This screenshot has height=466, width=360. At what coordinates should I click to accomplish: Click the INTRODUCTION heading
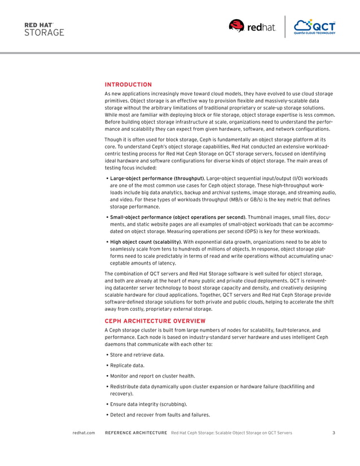click(128, 85)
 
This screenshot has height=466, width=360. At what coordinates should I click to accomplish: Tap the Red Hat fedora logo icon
click(236, 26)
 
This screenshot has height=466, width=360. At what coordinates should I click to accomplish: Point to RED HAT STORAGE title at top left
click(44, 29)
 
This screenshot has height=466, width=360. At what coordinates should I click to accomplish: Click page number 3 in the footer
click(334, 433)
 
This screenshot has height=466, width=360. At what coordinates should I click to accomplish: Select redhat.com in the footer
click(84, 433)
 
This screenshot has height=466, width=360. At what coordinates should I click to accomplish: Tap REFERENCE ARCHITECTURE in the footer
click(136, 433)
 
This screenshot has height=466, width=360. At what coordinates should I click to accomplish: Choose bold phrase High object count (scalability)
click(146, 241)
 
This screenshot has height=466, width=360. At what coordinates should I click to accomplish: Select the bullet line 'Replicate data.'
click(128, 366)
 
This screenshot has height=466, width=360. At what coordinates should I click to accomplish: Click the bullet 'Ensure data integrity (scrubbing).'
click(148, 405)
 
